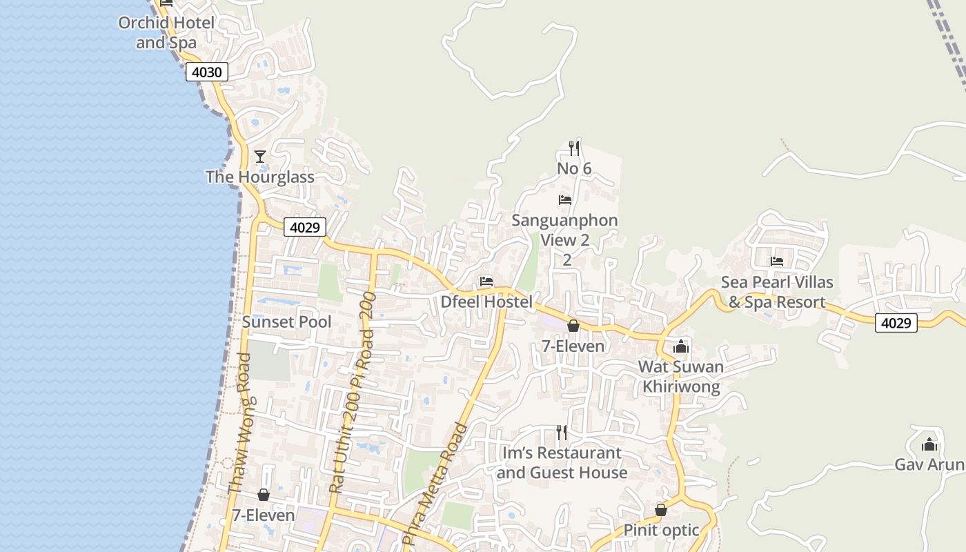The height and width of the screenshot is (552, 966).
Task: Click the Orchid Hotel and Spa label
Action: (166, 32)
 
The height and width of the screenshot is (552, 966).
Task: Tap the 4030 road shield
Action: (206, 72)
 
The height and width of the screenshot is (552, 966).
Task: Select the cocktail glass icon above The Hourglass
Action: (260, 157)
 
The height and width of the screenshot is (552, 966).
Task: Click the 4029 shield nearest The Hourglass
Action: (305, 227)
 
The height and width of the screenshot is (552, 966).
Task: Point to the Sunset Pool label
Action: (286, 322)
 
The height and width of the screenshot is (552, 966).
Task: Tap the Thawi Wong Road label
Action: (239, 423)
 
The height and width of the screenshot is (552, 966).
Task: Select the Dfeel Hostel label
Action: (486, 302)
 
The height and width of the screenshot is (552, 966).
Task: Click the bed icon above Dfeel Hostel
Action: (486, 282)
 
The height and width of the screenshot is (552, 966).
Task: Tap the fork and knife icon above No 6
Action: (574, 147)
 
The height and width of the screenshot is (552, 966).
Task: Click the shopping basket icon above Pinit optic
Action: (661, 510)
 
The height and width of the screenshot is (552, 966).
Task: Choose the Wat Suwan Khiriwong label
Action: (681, 376)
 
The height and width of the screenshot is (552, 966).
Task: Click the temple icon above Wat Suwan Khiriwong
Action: (681, 346)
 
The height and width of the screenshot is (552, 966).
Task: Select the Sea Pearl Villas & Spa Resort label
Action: (777, 292)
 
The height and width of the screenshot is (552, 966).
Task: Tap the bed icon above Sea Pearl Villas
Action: (777, 262)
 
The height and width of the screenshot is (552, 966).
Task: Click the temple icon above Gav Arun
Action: (929, 444)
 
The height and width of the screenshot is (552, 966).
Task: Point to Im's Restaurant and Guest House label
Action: (562, 462)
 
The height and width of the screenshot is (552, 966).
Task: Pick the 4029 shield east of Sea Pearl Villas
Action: (896, 322)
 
